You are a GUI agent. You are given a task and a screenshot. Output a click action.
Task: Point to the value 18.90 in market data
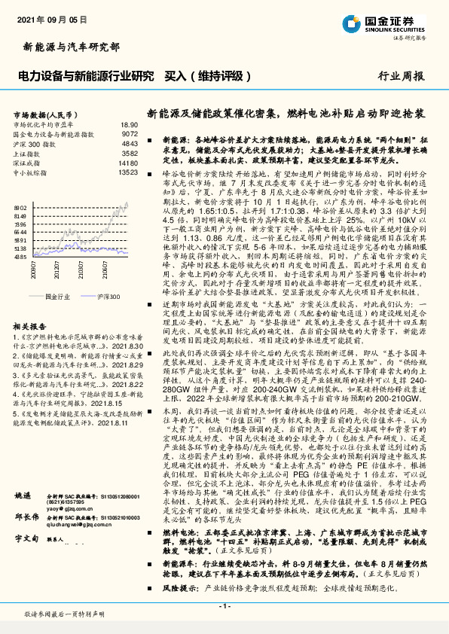pos(130,124)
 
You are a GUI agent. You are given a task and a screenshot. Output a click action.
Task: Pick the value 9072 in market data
pos(130,133)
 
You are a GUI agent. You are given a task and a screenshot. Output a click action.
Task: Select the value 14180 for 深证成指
pos(128,162)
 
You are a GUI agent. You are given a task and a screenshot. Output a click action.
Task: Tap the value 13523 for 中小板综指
pos(128,172)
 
